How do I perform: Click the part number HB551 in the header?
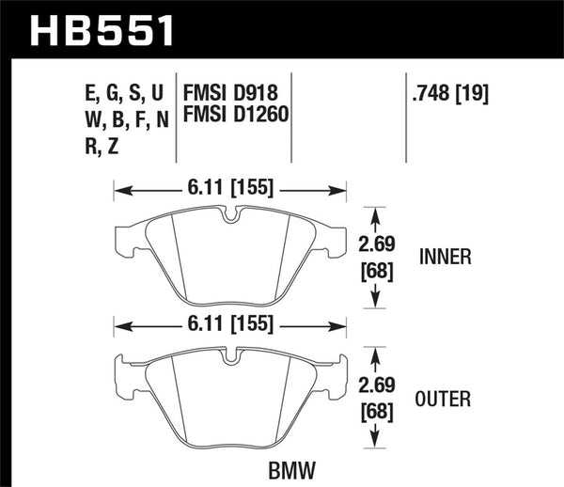[x=104, y=29]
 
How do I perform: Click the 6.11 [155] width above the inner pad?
[x=230, y=188]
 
